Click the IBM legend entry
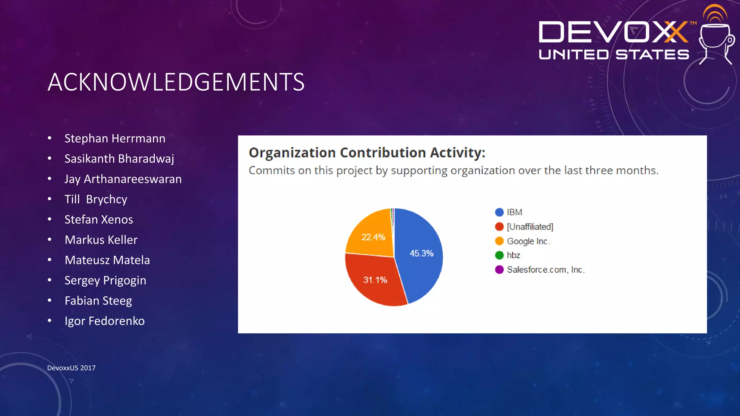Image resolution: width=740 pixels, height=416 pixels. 514,212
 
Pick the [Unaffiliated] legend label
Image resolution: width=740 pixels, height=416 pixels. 530,227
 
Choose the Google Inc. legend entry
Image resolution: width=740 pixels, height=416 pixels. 528,241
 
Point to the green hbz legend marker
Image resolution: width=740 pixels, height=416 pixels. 499,255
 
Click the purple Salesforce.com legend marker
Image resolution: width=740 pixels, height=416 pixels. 499,270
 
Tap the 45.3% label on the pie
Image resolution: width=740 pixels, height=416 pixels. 421,253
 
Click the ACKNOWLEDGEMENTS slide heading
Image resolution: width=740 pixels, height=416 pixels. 176,82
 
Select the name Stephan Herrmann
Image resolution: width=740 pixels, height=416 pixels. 115,139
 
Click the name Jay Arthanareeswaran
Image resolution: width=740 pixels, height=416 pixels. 123,179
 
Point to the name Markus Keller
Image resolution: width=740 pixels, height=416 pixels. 101,240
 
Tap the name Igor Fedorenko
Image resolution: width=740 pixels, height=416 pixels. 104,321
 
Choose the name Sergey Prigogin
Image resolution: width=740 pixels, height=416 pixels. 105,281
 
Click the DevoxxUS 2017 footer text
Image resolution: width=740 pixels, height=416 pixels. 71,368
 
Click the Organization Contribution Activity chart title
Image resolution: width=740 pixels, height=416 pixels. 367,153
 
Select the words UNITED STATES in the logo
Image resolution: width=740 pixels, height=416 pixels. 614,55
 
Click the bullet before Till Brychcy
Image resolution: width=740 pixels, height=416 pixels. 50,199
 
